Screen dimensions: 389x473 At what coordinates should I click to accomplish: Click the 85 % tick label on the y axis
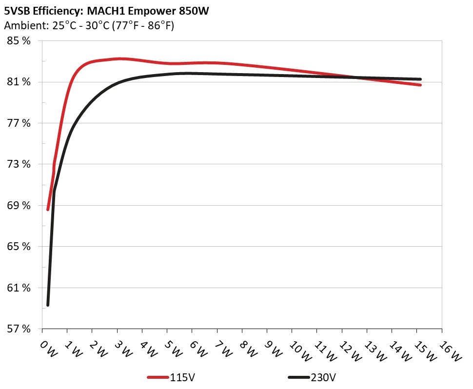click(19, 41)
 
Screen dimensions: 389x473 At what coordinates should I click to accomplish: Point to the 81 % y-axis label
click(19, 82)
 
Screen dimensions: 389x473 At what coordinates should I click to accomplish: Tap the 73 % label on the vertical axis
click(19, 164)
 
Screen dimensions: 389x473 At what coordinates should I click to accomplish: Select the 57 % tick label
click(19, 329)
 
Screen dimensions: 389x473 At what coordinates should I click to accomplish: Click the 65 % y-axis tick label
click(19, 247)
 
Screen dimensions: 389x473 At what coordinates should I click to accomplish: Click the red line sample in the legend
click(158, 378)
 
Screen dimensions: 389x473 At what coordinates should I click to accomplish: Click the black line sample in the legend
click(299, 378)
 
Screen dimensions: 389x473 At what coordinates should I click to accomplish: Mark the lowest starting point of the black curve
click(48, 305)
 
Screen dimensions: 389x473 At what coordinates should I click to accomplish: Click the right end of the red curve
click(420, 85)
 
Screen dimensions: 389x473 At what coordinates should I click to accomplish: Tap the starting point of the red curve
click(48, 209)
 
